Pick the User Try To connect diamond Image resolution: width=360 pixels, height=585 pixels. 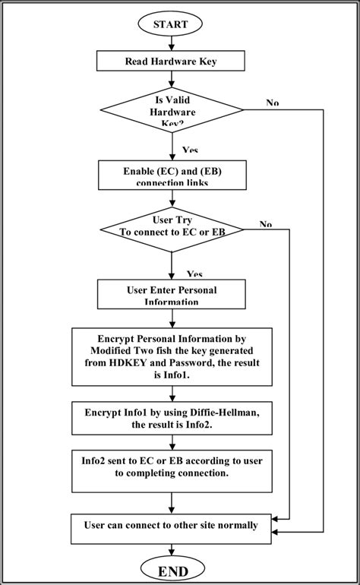pos(172,230)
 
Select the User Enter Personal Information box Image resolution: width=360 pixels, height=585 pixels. pos(172,293)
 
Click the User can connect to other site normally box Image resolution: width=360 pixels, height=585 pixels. pos(172,525)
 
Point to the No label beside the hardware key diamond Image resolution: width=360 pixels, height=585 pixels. pos(272,103)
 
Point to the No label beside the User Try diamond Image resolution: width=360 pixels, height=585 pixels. pos(266,224)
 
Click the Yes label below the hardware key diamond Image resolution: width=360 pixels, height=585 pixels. pos(190,150)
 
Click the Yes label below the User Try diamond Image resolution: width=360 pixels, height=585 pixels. pos(194,274)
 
